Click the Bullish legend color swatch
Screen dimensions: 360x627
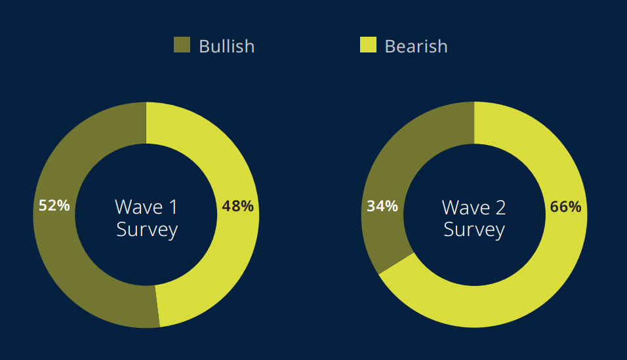click(x=182, y=45)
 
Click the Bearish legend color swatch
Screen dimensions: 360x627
click(x=368, y=45)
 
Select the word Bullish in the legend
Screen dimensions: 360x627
click(x=226, y=47)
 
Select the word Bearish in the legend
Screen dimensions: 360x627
click(x=416, y=47)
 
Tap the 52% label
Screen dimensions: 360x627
click(x=54, y=206)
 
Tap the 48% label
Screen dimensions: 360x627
click(x=237, y=206)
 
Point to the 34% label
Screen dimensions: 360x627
click(x=382, y=207)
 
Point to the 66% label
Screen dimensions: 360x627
click(x=565, y=207)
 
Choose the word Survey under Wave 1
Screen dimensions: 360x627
click(x=147, y=230)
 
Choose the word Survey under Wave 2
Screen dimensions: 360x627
click(x=474, y=230)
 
